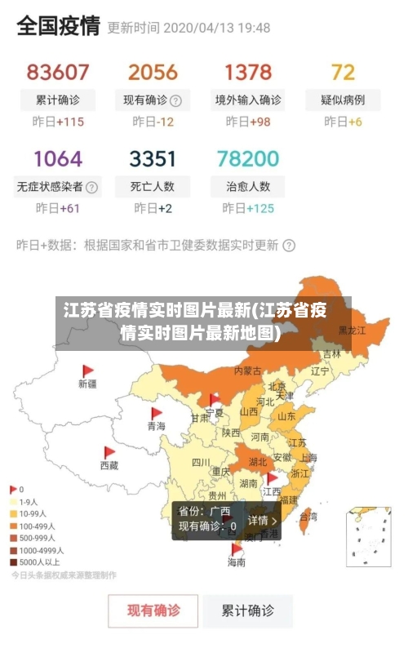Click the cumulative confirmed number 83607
tap(58, 73)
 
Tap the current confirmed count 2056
tap(153, 73)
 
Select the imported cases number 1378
tap(248, 73)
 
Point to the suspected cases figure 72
tap(343, 73)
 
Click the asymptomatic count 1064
tap(58, 158)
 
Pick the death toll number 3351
tap(153, 158)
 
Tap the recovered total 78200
tap(248, 158)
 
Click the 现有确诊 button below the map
tap(153, 610)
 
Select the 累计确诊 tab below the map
tap(248, 610)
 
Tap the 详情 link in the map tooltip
tap(262, 520)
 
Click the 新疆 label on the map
tap(87, 383)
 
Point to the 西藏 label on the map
tap(109, 465)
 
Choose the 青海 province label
tap(156, 426)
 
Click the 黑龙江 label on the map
tap(353, 331)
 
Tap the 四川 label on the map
tap(201, 462)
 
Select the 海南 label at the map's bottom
tap(236, 562)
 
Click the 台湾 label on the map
tap(308, 517)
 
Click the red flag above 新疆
tap(88, 371)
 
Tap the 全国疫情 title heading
tap(58, 26)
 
